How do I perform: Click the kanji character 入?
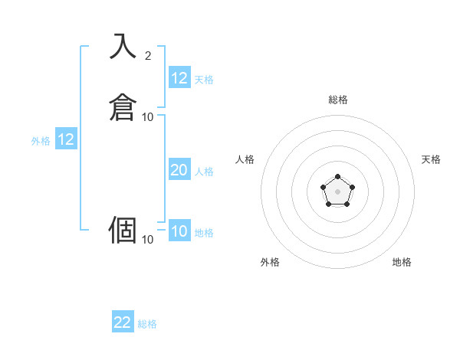123,47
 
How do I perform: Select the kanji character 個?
123,229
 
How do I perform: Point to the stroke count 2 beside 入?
148,55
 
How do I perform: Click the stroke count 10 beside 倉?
148,116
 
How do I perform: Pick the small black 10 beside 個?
148,240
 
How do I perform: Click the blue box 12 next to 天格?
179,78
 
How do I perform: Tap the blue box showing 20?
179,170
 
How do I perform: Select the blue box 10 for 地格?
179,231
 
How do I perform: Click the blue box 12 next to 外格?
66,139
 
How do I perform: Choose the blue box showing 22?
123,322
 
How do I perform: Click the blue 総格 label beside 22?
147,324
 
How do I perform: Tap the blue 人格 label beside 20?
205,172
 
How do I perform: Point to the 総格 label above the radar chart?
338,100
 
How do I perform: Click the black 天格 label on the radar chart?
431,159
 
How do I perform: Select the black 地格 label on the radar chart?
402,262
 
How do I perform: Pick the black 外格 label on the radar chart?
270,262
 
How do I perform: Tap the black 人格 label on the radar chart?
245,159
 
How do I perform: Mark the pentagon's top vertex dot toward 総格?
337,176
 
